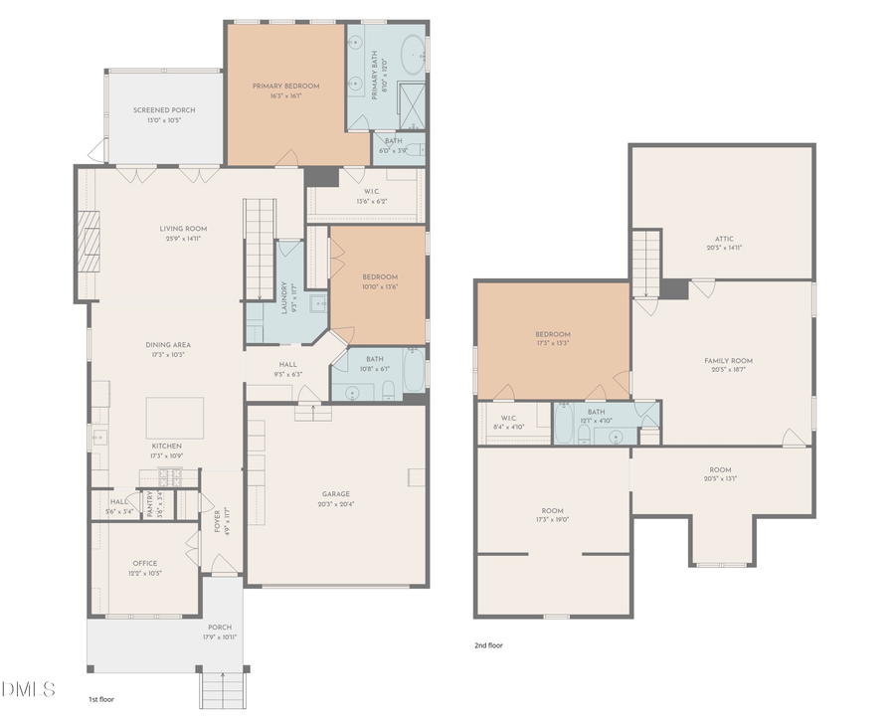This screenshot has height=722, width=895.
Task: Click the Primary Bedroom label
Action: coord(286,87)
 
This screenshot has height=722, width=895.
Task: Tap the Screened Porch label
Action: coord(164,109)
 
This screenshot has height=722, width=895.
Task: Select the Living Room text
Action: coord(183,229)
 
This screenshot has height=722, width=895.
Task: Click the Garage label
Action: coord(335,494)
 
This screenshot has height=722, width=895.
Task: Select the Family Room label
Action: coord(728,361)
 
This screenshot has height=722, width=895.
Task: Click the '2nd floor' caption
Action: coord(488,645)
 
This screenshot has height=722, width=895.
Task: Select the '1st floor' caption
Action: coord(100,699)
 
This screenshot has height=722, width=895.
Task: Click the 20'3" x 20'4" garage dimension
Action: coord(335,504)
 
